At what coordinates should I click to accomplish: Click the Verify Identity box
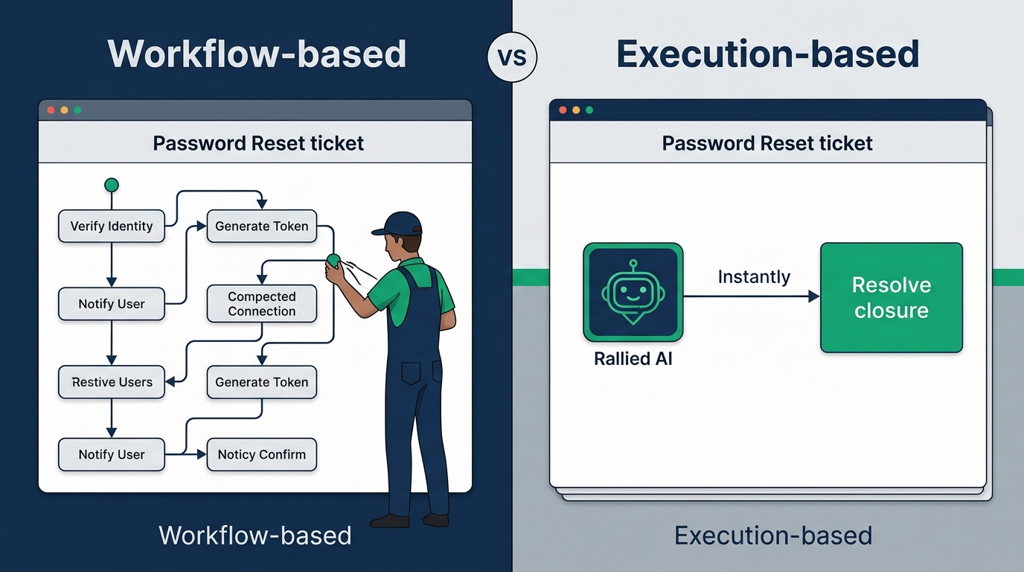[x=112, y=226]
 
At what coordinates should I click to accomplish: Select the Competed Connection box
[x=261, y=304]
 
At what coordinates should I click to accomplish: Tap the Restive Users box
[x=112, y=382]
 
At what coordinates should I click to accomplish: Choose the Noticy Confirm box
[x=261, y=454]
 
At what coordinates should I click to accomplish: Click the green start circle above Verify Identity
[x=112, y=185]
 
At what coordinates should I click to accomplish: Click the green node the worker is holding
[x=333, y=259]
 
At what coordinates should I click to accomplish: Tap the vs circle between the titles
[x=512, y=57]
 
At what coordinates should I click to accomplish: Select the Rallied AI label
[x=633, y=359]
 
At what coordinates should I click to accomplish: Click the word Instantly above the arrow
[x=753, y=277]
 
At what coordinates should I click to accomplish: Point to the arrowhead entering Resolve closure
[x=813, y=296]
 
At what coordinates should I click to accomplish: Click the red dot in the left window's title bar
[x=51, y=110]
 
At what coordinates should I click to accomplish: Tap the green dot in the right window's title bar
[x=589, y=110]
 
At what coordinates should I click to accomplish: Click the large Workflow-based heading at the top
[x=257, y=54]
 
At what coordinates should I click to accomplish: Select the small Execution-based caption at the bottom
[x=772, y=536]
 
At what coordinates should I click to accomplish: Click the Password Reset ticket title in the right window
[x=767, y=143]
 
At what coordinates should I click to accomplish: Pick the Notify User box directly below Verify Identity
[x=112, y=304]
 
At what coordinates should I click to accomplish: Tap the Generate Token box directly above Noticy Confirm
[x=261, y=382]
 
